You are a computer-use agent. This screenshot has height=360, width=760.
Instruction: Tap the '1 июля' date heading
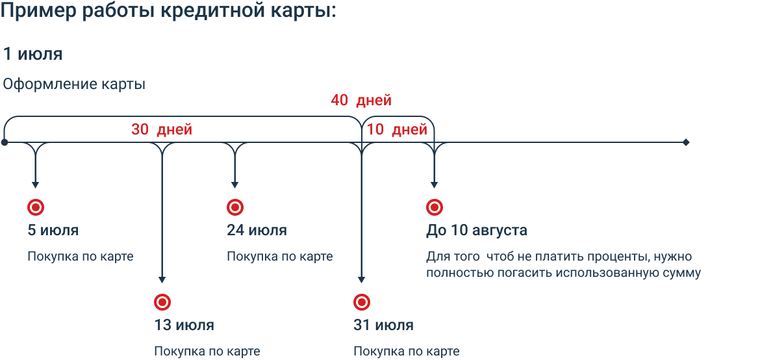coord(33,54)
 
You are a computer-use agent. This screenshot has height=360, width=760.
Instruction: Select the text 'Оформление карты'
coord(74,84)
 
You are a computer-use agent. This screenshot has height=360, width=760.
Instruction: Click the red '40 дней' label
coord(361,101)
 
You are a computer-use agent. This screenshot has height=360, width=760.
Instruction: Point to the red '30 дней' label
coord(162,129)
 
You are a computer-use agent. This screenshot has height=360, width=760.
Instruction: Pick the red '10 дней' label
coord(397,129)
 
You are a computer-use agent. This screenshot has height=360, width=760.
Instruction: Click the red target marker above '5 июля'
coord(36,207)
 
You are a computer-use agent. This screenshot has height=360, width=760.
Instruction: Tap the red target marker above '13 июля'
coord(162,302)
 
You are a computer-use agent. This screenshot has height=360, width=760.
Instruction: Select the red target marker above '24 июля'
coord(235,207)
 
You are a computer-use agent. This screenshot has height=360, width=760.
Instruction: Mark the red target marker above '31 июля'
coord(361,302)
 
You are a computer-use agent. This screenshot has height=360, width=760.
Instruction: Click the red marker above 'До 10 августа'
coord(435,207)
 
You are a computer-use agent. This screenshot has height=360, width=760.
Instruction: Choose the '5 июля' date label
coord(53,231)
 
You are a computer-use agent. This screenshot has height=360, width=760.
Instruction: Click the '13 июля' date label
coord(184,325)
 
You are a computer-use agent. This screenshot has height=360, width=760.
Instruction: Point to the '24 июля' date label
coord(257,231)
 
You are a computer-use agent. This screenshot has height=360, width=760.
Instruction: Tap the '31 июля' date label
coord(383,325)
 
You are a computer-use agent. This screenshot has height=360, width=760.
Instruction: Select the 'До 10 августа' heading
coord(477,231)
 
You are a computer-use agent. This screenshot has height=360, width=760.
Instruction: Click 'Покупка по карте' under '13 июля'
coord(207,352)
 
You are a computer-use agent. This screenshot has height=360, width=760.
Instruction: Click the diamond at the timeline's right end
coord(686,142)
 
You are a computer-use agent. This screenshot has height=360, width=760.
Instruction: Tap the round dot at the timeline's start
coord(5,142)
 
